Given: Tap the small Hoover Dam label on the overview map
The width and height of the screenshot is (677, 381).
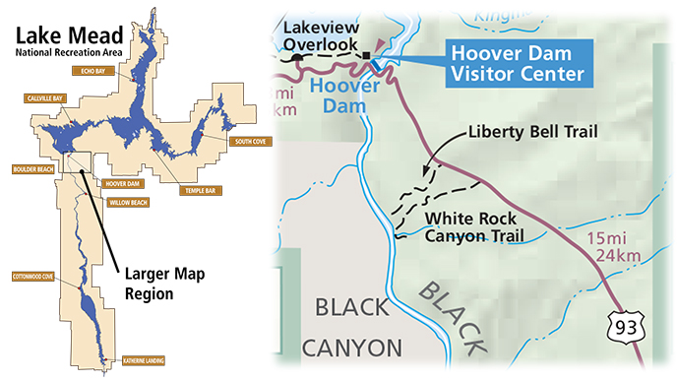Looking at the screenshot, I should pyautogui.click(x=122, y=183).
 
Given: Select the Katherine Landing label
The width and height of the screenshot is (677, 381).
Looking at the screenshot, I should pyautogui.click(x=144, y=361).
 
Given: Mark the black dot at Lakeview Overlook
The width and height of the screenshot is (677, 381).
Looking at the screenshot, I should pyautogui.click(x=297, y=58).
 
